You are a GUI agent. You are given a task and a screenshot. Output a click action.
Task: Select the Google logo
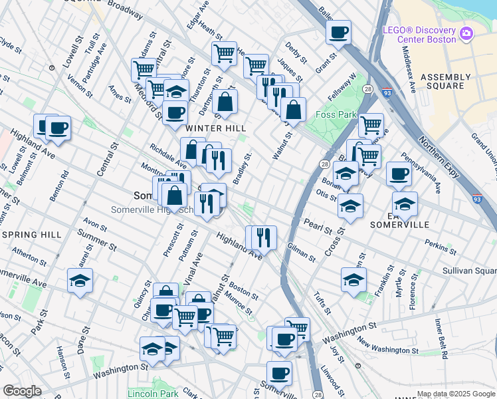(22, 391)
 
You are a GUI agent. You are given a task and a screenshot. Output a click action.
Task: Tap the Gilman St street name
(302, 251)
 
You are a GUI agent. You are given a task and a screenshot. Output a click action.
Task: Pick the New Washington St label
(387, 346)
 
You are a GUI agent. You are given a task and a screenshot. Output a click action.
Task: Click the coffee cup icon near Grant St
(338, 32)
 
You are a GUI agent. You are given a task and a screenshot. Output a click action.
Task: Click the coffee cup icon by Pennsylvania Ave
(399, 174)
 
